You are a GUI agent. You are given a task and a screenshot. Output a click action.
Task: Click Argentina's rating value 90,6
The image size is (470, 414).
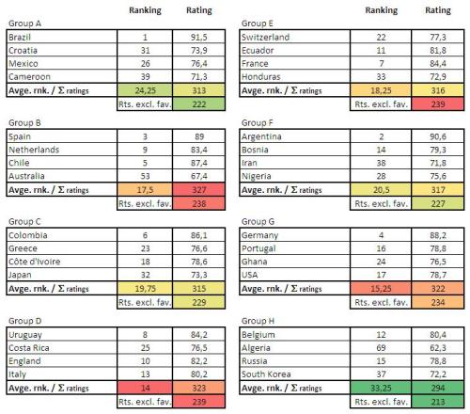pyautogui.click(x=436, y=135)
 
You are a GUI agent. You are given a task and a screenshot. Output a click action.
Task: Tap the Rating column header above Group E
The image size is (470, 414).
pyautogui.click(x=436, y=10)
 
